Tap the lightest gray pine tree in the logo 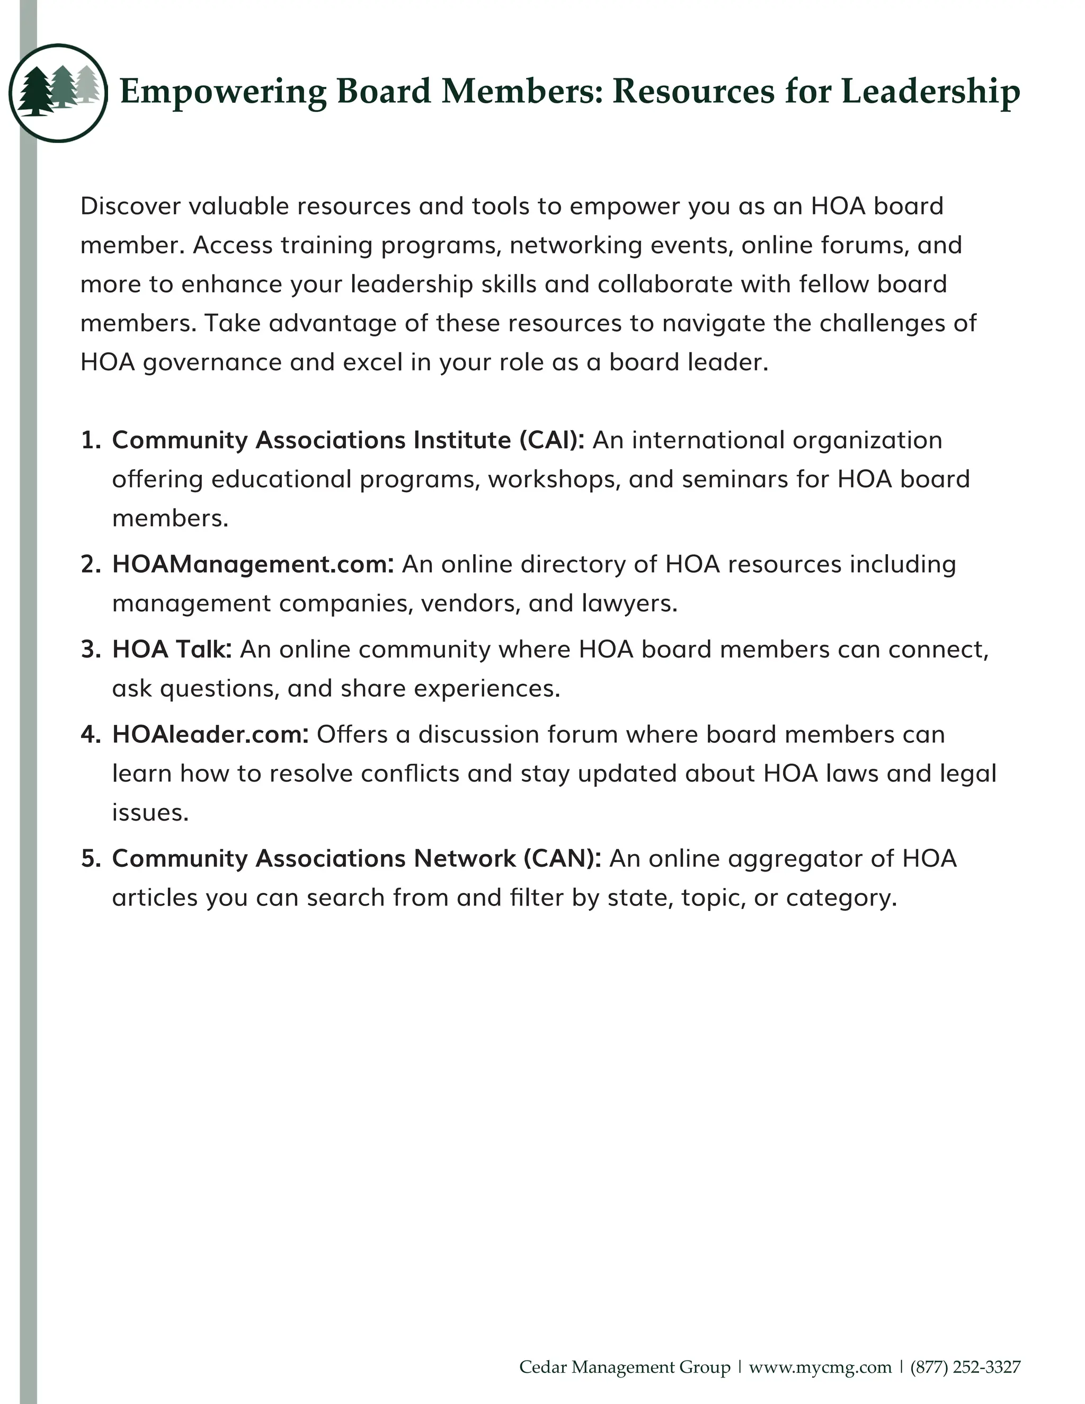click(87, 85)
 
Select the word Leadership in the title click(930, 91)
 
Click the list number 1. click(91, 440)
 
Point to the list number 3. click(91, 650)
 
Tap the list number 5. click(91, 858)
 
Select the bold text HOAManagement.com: click(253, 564)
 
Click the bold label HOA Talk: click(172, 650)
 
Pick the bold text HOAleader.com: click(210, 734)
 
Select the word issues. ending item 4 click(150, 813)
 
